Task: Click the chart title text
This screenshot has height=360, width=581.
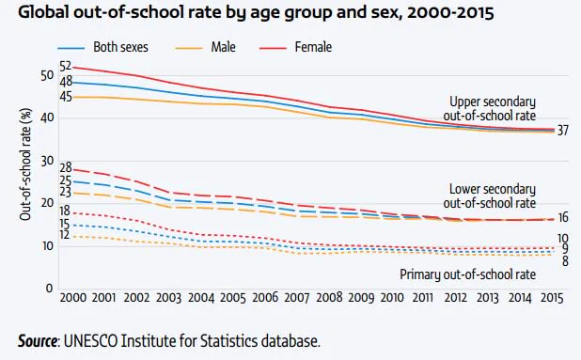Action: pyautogui.click(x=256, y=12)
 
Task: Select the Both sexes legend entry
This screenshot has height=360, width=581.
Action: pyautogui.click(x=103, y=47)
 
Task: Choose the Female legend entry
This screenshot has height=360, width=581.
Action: pyautogui.click(x=295, y=47)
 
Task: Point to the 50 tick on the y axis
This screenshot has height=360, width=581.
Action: pyautogui.click(x=47, y=75)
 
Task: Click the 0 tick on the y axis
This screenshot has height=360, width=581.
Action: pyautogui.click(x=49, y=289)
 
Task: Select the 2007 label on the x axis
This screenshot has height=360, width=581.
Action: pyautogui.click(x=297, y=298)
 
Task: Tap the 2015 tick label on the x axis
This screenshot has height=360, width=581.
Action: pyautogui.click(x=552, y=298)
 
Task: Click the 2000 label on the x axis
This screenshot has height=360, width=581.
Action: pyautogui.click(x=73, y=298)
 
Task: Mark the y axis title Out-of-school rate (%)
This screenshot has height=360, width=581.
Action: pyautogui.click(x=25, y=164)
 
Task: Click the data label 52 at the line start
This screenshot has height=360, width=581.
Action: pyautogui.click(x=66, y=67)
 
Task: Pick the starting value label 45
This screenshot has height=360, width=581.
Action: pyautogui.click(x=66, y=97)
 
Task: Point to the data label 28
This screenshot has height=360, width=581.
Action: pyautogui.click(x=66, y=167)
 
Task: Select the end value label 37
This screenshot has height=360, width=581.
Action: pyautogui.click(x=562, y=131)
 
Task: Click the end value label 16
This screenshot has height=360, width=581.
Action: pyautogui.click(x=563, y=217)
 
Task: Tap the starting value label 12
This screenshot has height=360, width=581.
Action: pyautogui.click(x=64, y=235)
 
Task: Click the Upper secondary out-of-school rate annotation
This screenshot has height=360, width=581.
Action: pyautogui.click(x=490, y=109)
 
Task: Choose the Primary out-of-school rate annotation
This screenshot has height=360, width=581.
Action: pyautogui.click(x=467, y=274)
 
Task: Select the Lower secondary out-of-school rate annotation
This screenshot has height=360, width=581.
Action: pyautogui.click(x=490, y=196)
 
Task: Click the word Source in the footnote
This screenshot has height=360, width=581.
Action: pyautogui.click(x=38, y=341)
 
